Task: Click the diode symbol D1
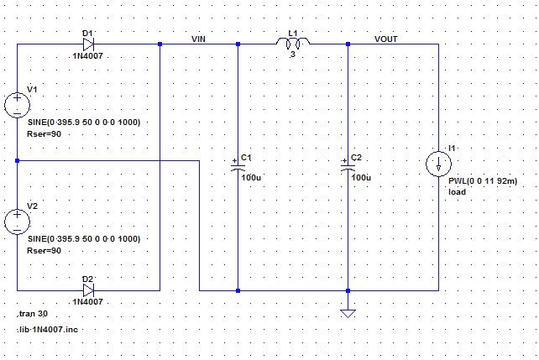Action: click(x=87, y=44)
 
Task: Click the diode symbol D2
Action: click(x=87, y=290)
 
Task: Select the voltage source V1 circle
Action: click(x=17, y=105)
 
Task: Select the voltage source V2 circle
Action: click(x=17, y=222)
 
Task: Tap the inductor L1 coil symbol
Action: click(x=293, y=43)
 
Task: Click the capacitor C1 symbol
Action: click(x=238, y=167)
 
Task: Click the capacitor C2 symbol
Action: click(x=348, y=167)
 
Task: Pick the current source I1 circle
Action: click(x=438, y=164)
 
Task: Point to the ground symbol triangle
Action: click(x=348, y=314)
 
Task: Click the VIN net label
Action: click(x=198, y=39)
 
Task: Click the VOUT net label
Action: click(x=386, y=39)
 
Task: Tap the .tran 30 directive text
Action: click(x=33, y=314)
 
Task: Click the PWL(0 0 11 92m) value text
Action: click(x=483, y=180)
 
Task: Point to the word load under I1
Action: click(x=457, y=192)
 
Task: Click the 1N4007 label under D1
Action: click(x=88, y=57)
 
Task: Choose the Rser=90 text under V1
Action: click(x=44, y=133)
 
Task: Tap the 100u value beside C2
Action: click(x=361, y=178)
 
